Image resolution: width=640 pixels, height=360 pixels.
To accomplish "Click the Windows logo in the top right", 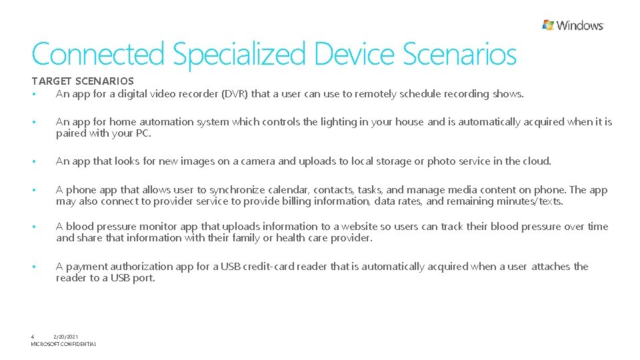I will [573, 25].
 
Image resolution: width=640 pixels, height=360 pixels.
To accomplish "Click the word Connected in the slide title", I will [97, 55].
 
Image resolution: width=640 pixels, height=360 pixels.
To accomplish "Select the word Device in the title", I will [355, 55].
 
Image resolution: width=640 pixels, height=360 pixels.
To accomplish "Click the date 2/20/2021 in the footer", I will [65, 337].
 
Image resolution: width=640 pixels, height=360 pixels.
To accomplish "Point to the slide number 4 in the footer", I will [33, 337].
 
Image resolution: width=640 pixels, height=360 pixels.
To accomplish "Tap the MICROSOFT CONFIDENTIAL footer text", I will [63, 344].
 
